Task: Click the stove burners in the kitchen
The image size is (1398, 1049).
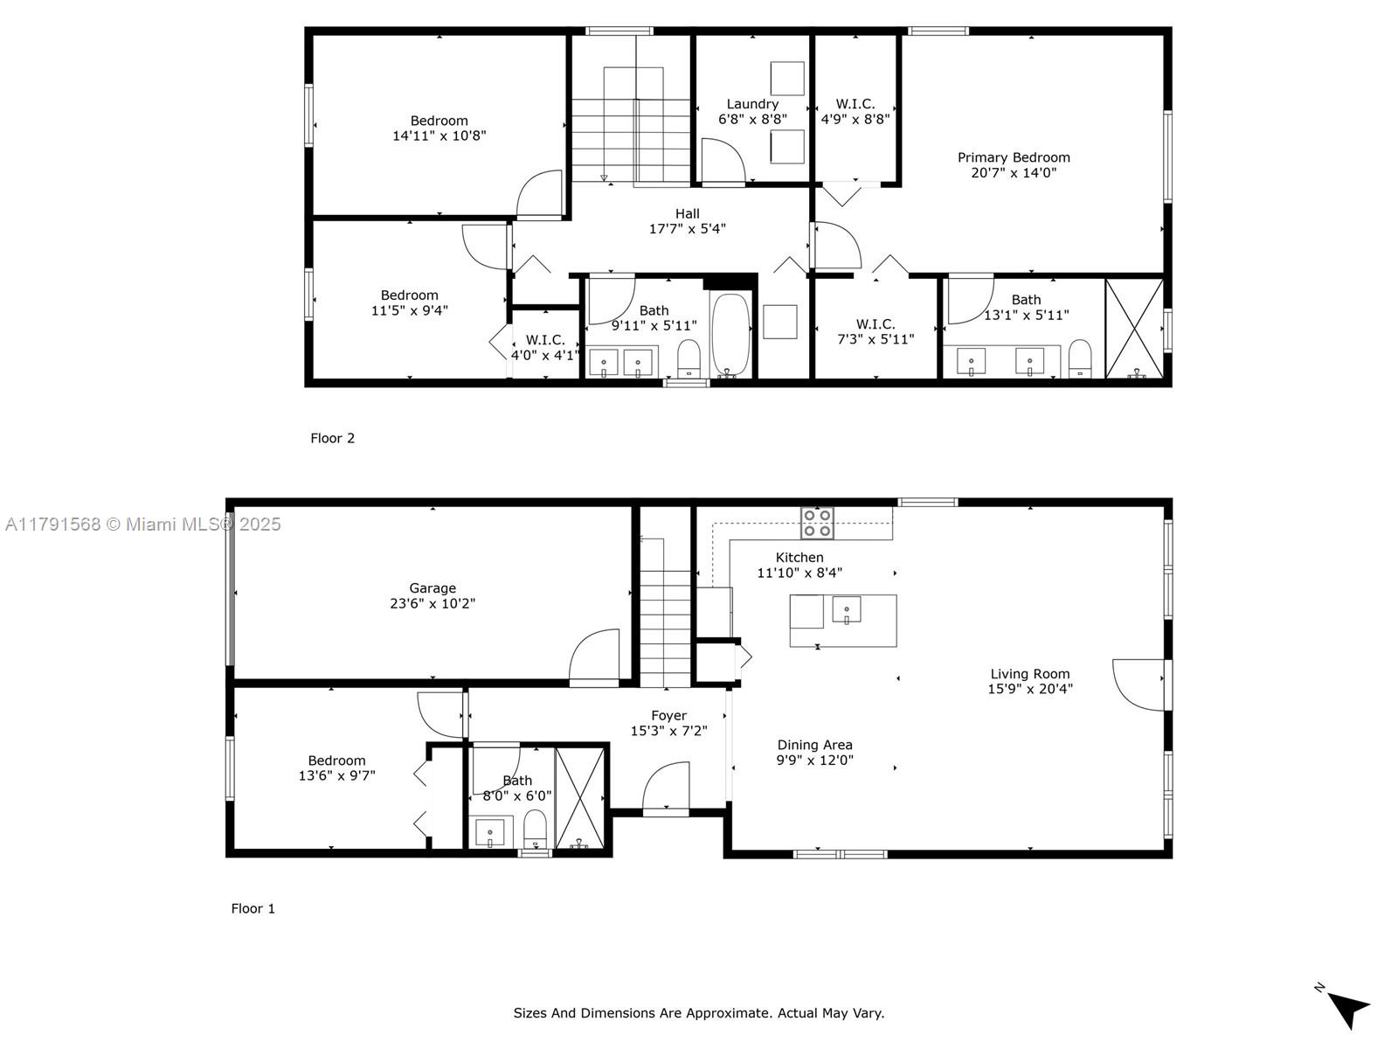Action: point(817,523)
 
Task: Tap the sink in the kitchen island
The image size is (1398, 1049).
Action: point(847,609)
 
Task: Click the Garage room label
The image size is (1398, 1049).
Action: point(433,587)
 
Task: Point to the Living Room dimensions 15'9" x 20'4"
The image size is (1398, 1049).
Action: point(1030,689)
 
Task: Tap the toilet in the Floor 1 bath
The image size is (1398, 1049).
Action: point(535,829)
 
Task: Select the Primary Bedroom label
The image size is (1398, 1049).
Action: point(1014,157)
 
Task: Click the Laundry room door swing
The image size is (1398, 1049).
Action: point(723,162)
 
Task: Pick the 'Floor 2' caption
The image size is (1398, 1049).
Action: point(333,438)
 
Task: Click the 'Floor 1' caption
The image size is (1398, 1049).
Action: point(253,909)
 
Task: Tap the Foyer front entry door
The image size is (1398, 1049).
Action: point(666,788)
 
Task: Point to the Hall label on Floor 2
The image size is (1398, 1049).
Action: point(688,214)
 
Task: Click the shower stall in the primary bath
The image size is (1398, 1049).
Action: point(1134,329)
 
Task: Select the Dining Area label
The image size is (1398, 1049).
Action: point(814,745)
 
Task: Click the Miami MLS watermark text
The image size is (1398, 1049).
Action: point(143,524)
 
